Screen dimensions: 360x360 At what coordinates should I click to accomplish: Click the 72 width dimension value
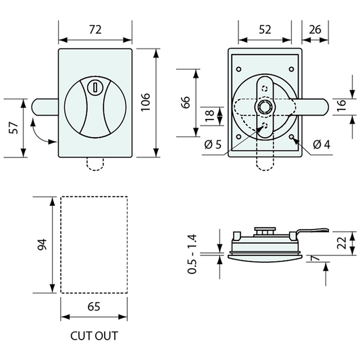95,30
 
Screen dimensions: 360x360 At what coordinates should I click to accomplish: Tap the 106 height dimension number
145,103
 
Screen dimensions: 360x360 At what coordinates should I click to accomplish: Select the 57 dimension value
14,128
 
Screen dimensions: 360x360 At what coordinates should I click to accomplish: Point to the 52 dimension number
265,30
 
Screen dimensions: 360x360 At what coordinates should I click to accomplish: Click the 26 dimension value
315,30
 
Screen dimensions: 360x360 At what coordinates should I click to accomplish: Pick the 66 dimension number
186,102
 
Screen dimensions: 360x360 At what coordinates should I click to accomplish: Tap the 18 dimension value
209,116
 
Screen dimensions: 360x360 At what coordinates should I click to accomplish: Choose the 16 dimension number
342,105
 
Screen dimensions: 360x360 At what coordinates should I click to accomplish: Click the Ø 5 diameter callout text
213,145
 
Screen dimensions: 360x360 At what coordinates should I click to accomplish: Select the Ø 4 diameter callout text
322,145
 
